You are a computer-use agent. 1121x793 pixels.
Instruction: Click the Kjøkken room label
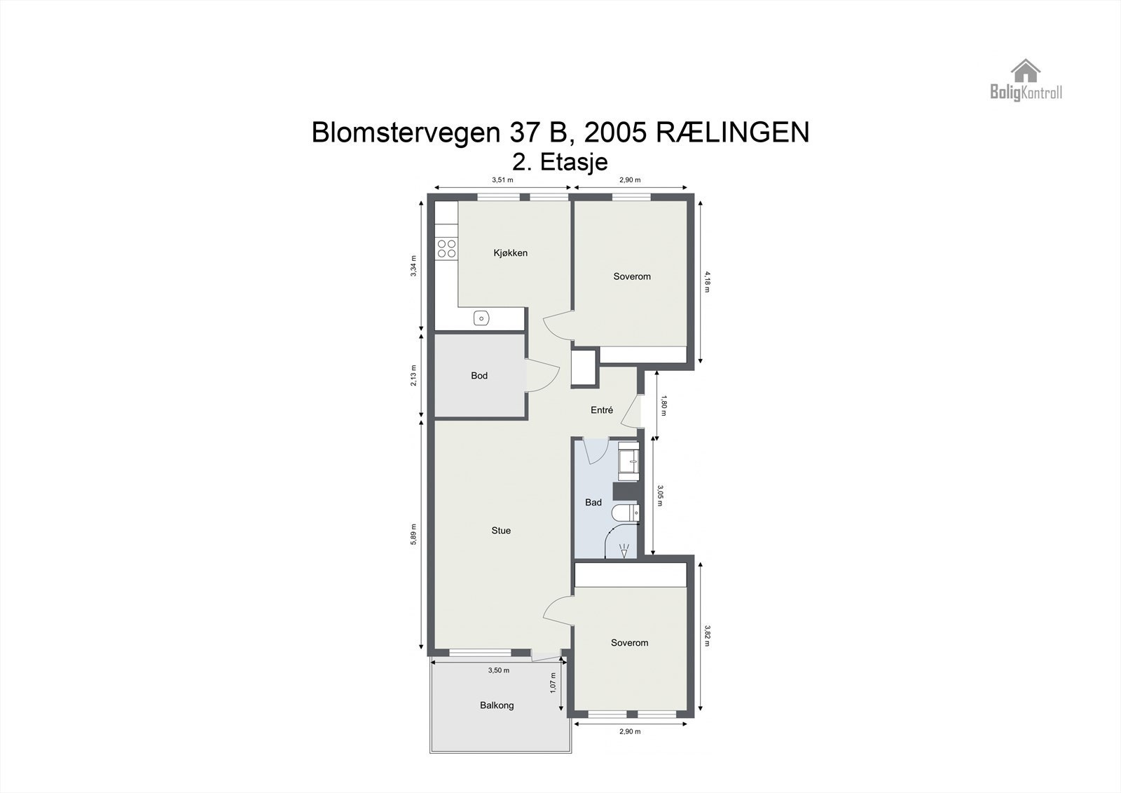tap(510, 253)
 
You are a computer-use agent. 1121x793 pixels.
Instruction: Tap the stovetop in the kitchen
tap(446, 248)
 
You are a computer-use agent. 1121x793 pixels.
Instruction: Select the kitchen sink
tap(481, 318)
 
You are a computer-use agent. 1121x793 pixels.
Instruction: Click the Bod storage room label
tap(479, 376)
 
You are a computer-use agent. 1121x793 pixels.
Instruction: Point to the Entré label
tap(602, 410)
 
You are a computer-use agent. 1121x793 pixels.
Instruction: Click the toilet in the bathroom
tap(625, 514)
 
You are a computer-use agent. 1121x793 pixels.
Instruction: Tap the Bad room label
tap(593, 503)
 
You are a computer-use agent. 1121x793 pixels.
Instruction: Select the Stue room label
tap(501, 531)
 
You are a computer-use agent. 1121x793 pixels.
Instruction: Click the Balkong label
tap(497, 705)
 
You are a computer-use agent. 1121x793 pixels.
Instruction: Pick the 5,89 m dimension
tap(414, 535)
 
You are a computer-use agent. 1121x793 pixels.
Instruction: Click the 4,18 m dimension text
tap(707, 281)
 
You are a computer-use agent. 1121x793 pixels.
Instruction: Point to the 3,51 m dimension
tap(502, 180)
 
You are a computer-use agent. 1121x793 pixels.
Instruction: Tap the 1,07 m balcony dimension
tap(553, 683)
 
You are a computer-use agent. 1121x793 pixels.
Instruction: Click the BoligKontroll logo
tap(1026, 80)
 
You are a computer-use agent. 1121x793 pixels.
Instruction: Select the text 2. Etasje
tap(560, 161)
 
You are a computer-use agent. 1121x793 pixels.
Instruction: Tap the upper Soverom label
tap(632, 276)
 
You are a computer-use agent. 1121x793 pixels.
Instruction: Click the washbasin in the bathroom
tap(629, 461)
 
